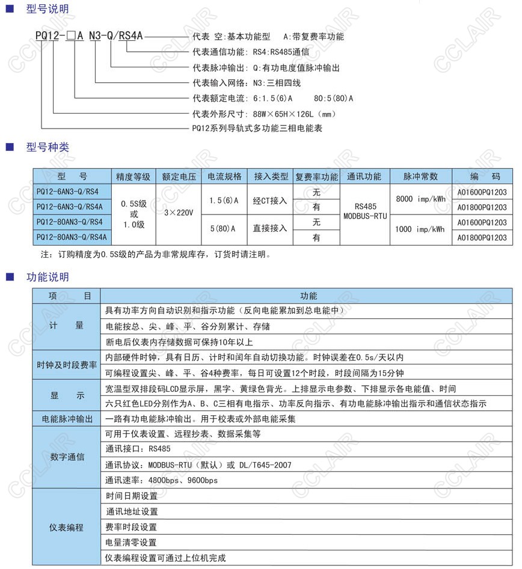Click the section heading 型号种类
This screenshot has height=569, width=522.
[x=48, y=147]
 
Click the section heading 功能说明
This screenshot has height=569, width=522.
[x=48, y=277]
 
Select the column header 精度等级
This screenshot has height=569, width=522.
[x=134, y=177]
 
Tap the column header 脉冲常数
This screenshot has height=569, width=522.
[x=420, y=177]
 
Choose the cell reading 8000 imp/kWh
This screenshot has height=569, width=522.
[x=420, y=199]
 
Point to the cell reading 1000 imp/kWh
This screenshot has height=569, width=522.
[x=420, y=230]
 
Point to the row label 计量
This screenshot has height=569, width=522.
[x=66, y=326]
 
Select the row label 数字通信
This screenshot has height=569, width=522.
[x=66, y=457]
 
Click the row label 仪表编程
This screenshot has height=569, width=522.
[x=66, y=528]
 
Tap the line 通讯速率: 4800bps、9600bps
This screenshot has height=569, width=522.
[x=161, y=480]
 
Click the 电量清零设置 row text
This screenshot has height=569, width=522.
[x=130, y=543]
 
